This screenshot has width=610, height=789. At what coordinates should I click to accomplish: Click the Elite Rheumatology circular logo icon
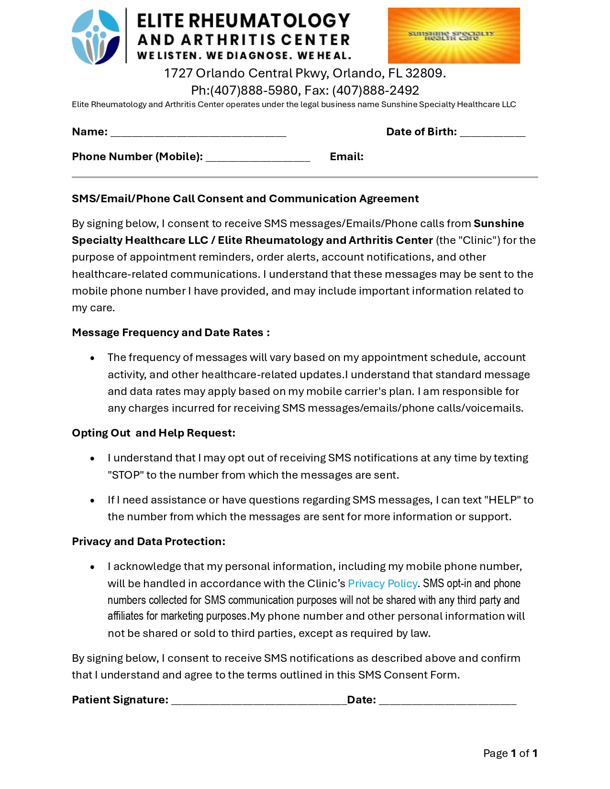[96, 36]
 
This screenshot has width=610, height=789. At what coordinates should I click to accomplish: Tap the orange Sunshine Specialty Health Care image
[453, 35]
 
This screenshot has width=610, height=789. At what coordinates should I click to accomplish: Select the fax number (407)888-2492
[376, 90]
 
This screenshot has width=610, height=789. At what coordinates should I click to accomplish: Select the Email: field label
[346, 157]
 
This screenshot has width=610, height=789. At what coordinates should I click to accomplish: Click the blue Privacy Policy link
[382, 583]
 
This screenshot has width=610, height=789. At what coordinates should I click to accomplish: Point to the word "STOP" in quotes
[126, 475]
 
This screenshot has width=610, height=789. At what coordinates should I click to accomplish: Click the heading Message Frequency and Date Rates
[170, 332]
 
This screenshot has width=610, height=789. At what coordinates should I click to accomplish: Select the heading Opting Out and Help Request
[153, 433]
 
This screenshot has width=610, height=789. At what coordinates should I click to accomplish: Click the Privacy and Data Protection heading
[148, 541]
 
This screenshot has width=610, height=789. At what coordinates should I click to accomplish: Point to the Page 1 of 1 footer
[510, 753]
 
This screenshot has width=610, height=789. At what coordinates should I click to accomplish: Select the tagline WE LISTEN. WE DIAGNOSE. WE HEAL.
[244, 55]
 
